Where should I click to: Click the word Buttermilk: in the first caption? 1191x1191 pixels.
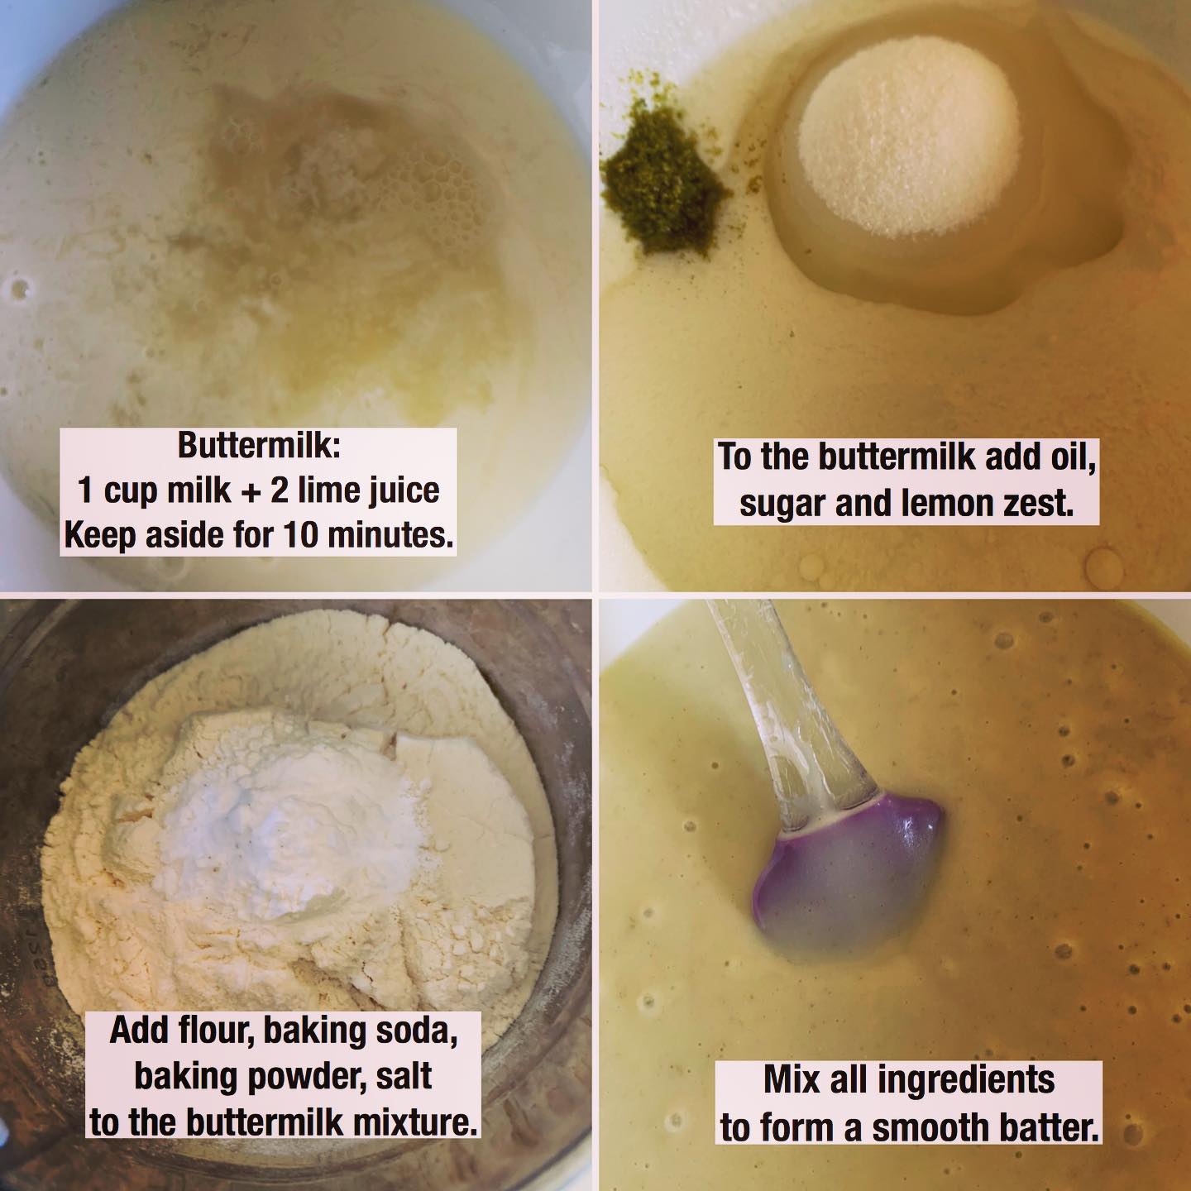(x=259, y=445)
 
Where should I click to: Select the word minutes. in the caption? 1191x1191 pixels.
(x=390, y=535)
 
